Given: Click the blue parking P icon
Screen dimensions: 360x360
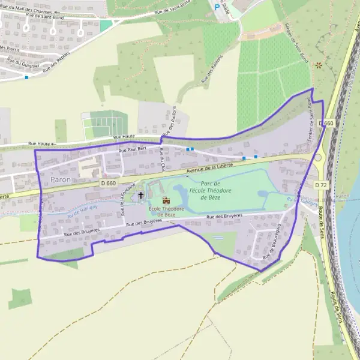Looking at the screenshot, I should click(217, 7).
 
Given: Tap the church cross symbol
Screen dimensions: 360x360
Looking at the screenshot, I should click(142, 195).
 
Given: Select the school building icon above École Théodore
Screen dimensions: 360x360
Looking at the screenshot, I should click(166, 200).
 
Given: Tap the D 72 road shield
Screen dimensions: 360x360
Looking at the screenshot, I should click(320, 185).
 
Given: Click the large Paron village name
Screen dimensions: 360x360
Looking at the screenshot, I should click(61, 179).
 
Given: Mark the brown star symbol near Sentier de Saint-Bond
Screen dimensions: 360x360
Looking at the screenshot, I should click(319, 65).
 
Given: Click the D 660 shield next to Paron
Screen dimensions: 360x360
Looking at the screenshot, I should click(108, 182).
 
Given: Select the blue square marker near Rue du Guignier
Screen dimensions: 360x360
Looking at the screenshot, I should click(26, 77).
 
